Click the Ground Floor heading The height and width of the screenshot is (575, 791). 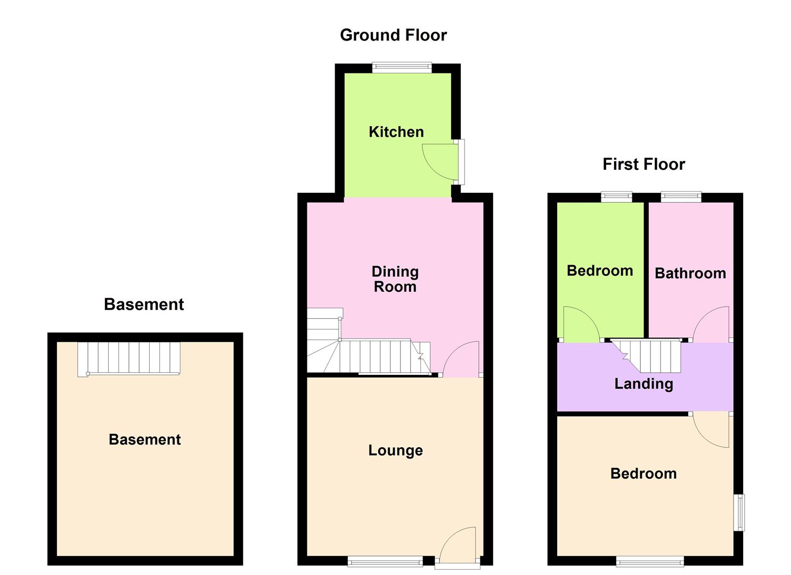(393, 35)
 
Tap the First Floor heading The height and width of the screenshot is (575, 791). (643, 164)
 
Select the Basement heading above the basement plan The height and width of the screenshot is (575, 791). (144, 304)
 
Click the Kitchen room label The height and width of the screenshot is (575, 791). (396, 132)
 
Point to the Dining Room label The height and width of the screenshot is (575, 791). (395, 279)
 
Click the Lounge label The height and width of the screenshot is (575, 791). (395, 450)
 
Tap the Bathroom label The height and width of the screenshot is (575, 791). (690, 273)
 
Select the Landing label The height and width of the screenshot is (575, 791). (643, 384)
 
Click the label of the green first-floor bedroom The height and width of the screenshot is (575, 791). (600, 270)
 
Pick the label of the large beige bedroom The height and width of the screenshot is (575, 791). (643, 473)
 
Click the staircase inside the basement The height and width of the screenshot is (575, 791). (129, 358)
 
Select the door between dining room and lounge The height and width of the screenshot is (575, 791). (461, 359)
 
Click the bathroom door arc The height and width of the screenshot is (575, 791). (711, 324)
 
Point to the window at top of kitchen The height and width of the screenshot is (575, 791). (402, 68)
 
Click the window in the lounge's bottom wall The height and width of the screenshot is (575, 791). (385, 561)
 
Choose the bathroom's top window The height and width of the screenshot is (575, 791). (681, 197)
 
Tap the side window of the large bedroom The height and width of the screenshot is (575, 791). (739, 512)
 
